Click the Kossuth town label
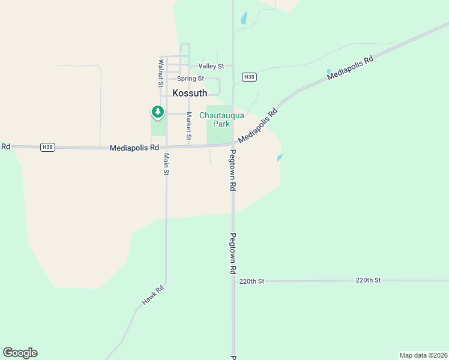[x=190, y=93]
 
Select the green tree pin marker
[x=157, y=112]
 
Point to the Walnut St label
[x=161, y=73]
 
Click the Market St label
[x=188, y=127]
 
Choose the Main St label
[x=166, y=164]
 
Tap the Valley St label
[x=211, y=66]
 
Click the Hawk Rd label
[x=152, y=296]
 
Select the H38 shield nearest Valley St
[x=250, y=77]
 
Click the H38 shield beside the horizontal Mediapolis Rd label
[x=48, y=147]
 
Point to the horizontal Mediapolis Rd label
[x=134, y=148]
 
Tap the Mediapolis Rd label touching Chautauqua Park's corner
[x=258, y=125]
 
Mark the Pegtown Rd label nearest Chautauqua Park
[x=232, y=170]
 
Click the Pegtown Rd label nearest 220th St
[x=232, y=254]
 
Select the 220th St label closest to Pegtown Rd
[x=252, y=281]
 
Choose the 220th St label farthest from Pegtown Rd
[x=368, y=280]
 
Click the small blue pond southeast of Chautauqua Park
[x=280, y=158]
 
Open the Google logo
[x=20, y=353]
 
